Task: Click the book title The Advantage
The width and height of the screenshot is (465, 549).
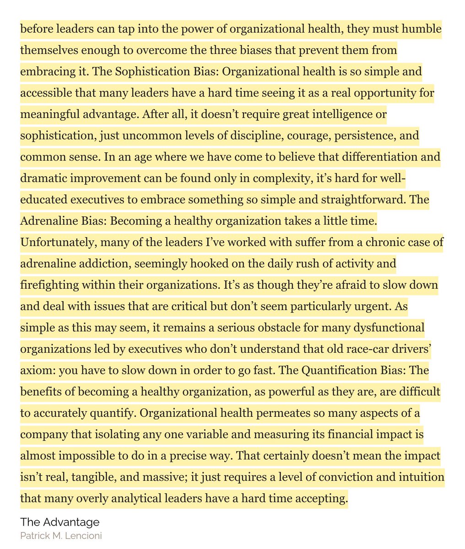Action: pyautogui.click(x=59, y=522)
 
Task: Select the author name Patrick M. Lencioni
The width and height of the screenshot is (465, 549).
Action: pyautogui.click(x=61, y=535)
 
